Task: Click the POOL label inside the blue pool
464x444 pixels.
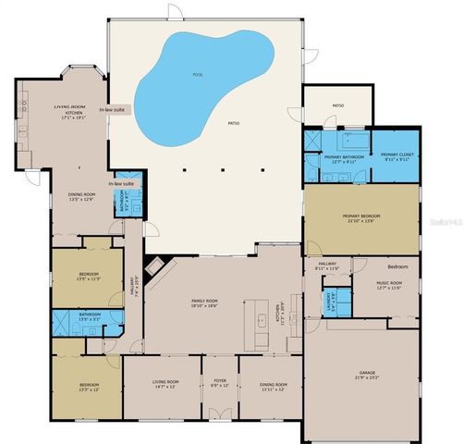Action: pos(197,75)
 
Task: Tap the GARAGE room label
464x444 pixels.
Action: pos(367,374)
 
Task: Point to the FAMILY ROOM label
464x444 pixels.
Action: pos(204,303)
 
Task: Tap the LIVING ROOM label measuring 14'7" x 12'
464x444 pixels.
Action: pos(165,383)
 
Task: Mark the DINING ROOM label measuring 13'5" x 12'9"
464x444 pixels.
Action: pos(81,196)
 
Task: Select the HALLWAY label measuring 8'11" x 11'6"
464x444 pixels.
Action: pos(328,266)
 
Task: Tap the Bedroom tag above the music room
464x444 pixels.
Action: pos(397,265)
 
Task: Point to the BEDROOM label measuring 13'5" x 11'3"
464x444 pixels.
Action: pos(89,276)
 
